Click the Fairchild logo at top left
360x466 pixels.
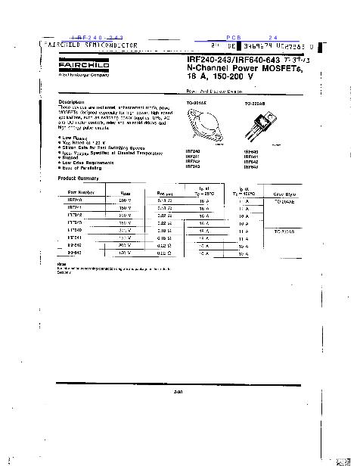(75, 67)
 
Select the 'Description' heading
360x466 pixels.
(73, 102)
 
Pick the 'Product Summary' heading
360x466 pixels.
(79, 178)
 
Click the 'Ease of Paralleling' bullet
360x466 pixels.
(83, 167)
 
